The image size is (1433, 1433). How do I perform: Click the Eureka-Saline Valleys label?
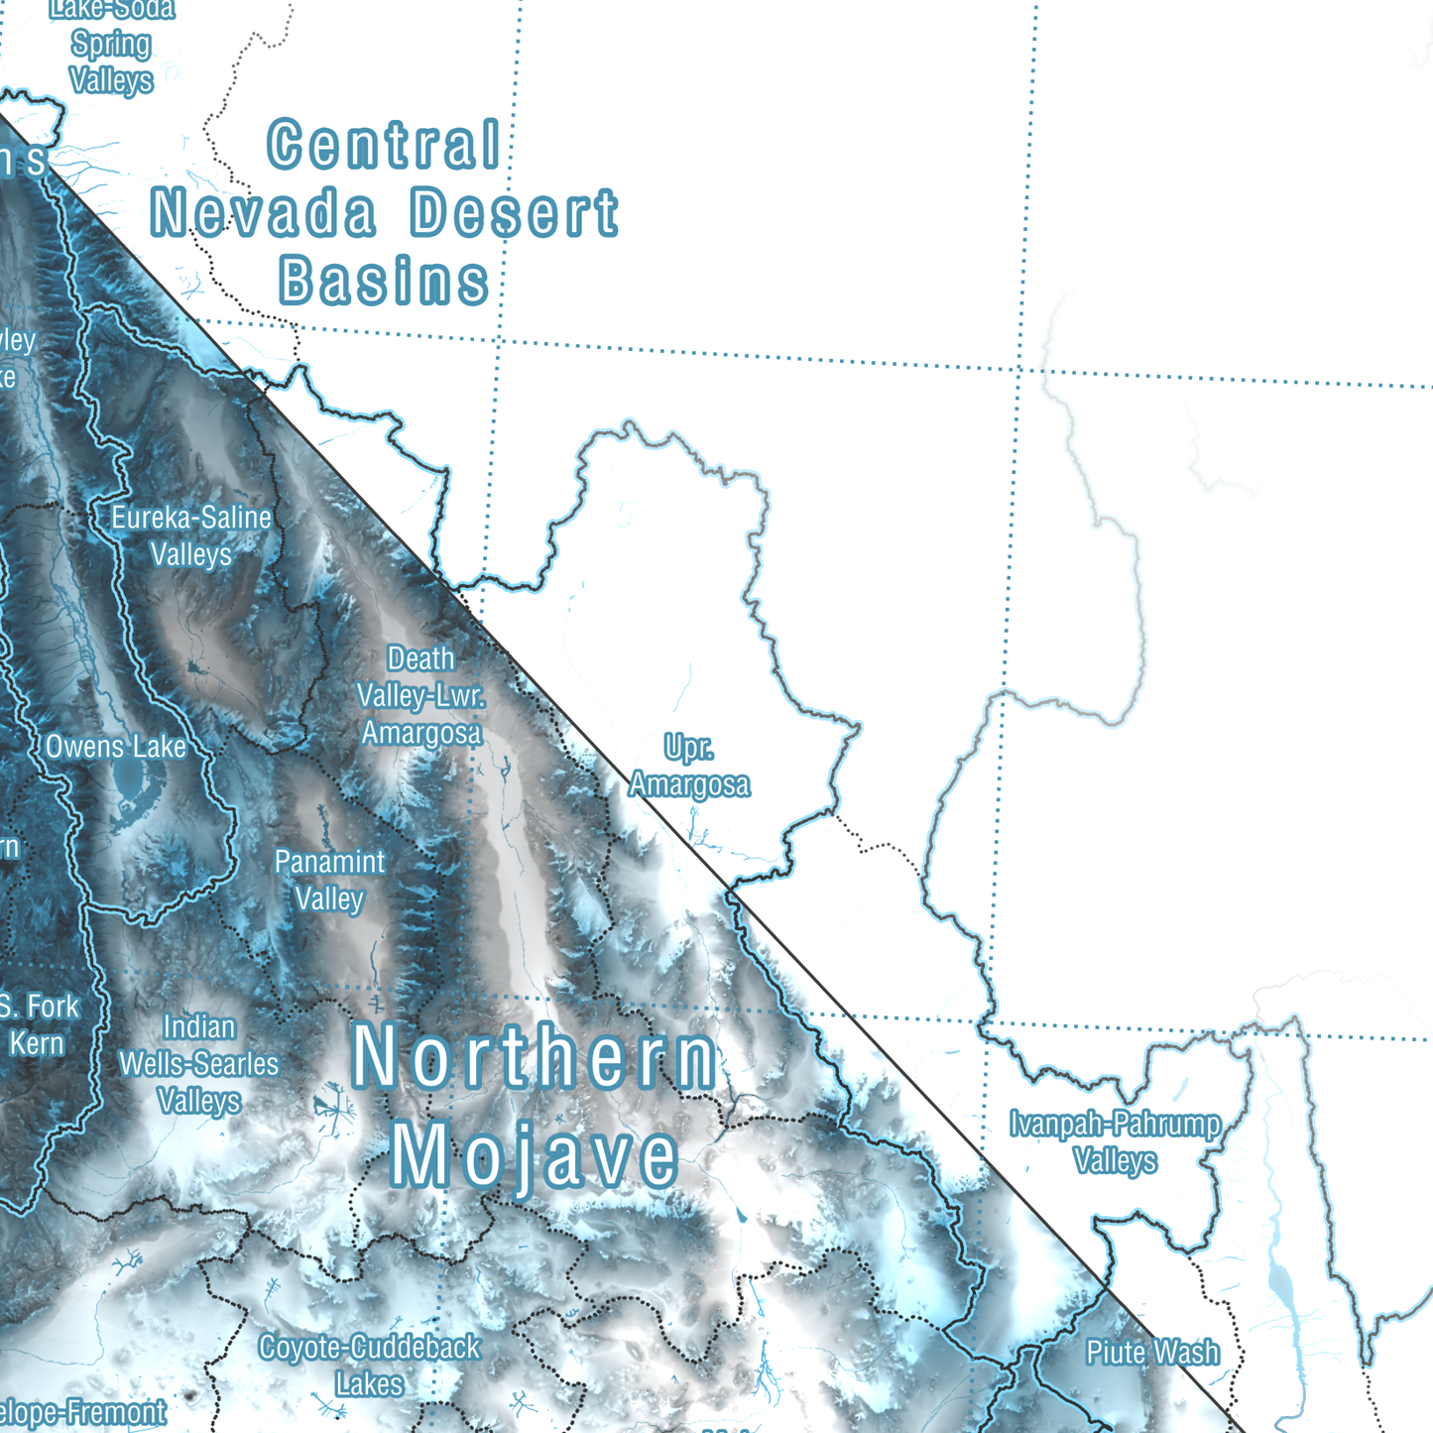[x=190, y=536]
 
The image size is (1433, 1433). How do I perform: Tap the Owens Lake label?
[x=115, y=747]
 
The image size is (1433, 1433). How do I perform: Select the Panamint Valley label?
[x=329, y=881]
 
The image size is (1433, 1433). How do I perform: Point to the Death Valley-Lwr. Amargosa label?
[x=420, y=696]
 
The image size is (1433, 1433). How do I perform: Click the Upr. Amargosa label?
[x=689, y=766]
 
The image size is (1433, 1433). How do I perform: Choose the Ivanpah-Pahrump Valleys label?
[x=1115, y=1141]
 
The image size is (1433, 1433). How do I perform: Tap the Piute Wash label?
[x=1152, y=1353]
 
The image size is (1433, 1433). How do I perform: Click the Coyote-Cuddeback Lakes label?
[x=369, y=1366]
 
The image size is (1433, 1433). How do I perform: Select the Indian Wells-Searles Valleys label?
[x=198, y=1064]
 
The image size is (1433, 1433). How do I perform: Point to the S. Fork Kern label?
[x=38, y=1024]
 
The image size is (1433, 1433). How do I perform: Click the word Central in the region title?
[x=384, y=145]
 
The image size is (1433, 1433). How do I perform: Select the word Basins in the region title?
[x=384, y=281]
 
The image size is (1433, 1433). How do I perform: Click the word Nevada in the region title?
[x=264, y=213]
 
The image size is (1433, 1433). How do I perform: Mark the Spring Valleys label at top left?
[x=111, y=61]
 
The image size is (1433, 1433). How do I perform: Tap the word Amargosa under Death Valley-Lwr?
[x=420, y=733]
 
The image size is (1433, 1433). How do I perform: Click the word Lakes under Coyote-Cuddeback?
[x=369, y=1384]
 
